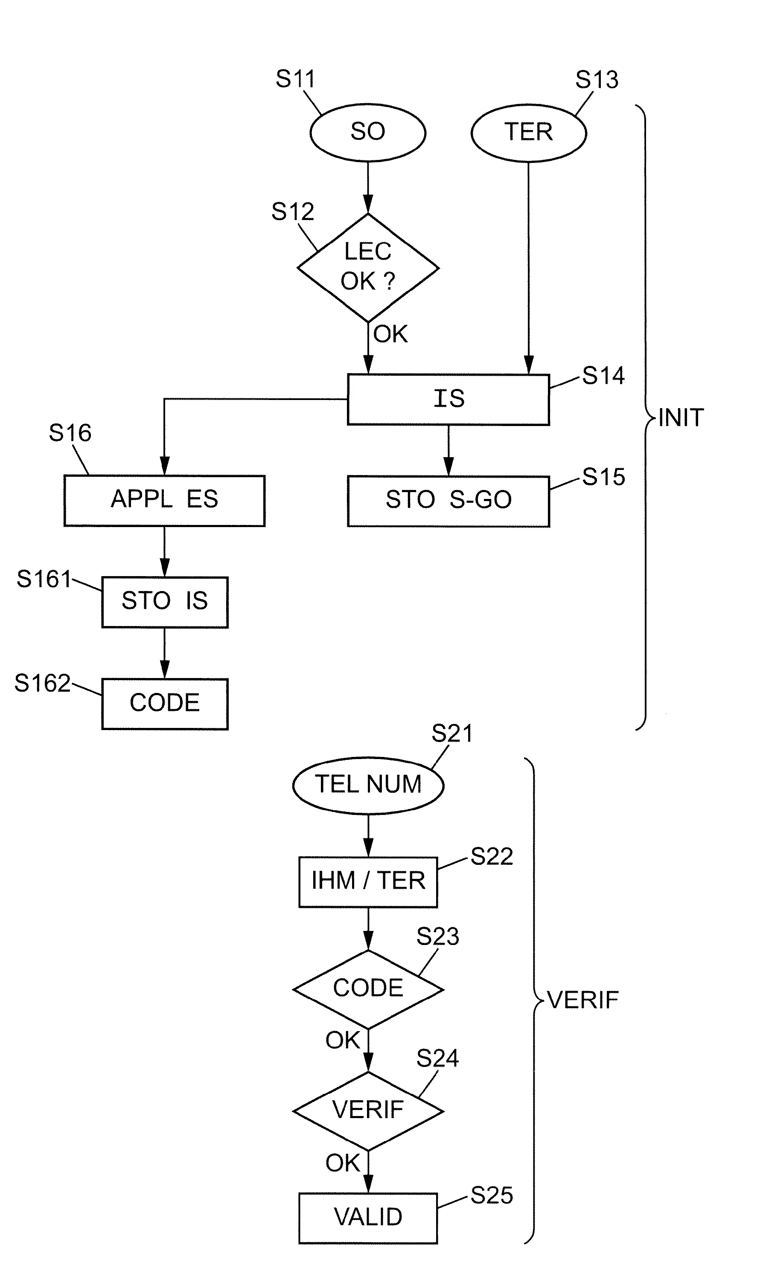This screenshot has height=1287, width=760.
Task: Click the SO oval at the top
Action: tap(368, 132)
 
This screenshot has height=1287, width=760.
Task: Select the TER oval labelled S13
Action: tap(529, 133)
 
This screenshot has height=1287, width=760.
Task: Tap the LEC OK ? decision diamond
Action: tap(368, 267)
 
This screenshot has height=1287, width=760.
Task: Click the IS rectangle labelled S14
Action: tap(448, 399)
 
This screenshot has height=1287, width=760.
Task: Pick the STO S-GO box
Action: tap(448, 501)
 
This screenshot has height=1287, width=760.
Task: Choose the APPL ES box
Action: tap(164, 500)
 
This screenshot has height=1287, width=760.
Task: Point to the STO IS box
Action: tap(164, 602)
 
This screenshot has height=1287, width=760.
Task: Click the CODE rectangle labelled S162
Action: tap(164, 704)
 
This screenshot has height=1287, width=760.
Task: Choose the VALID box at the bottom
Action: tap(368, 1217)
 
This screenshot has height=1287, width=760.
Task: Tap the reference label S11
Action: tap(295, 79)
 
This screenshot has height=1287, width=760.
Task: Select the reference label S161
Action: tap(44, 579)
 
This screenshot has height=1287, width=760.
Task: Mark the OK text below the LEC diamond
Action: tap(390, 335)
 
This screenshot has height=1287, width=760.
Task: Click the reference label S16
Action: tap(70, 433)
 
